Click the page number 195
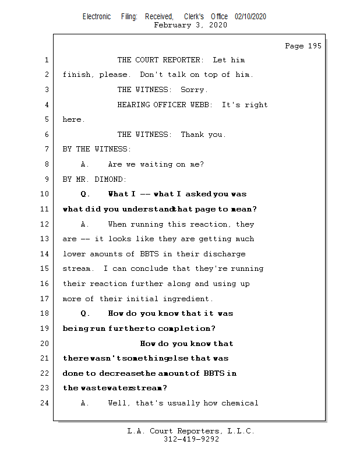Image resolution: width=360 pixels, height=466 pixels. pyautogui.click(x=314, y=46)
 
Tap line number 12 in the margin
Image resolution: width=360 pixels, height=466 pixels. pyautogui.click(x=46, y=224)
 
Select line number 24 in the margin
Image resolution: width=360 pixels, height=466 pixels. pyautogui.click(x=46, y=403)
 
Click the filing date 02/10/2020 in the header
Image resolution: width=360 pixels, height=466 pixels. pyautogui.click(x=250, y=17)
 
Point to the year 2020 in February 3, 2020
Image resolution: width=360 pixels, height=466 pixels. pyautogui.click(x=218, y=25)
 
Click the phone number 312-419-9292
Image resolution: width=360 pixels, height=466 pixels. pyautogui.click(x=191, y=439)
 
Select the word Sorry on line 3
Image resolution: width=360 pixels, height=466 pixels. pyautogui.click(x=193, y=90)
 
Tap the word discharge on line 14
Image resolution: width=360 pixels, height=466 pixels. pyautogui.click(x=225, y=254)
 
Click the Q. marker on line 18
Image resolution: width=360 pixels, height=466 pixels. pyautogui.click(x=85, y=313)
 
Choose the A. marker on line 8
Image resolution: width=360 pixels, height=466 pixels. pyautogui.click(x=85, y=164)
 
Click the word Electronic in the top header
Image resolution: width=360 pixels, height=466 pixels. pyautogui.click(x=97, y=17)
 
